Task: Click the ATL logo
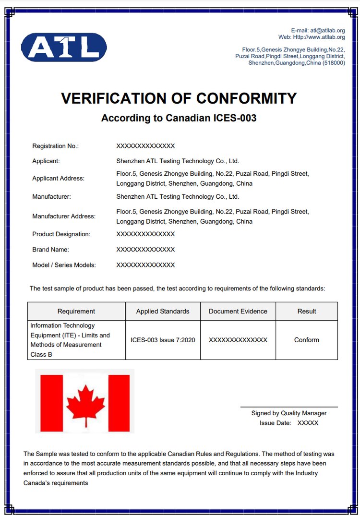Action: (64, 47)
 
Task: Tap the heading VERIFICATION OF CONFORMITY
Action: (179, 98)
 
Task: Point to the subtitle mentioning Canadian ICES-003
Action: (179, 118)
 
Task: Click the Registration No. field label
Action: (55, 146)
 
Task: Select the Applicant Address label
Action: (58, 178)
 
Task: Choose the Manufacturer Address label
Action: (64, 216)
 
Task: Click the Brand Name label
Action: (50, 250)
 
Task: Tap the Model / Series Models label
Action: (64, 265)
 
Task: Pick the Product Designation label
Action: (61, 234)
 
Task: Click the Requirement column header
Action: (76, 311)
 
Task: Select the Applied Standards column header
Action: (163, 311)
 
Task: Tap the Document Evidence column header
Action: (238, 311)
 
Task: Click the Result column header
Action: (307, 311)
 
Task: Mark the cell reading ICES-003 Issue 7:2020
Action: (163, 340)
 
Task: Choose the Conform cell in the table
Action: (307, 340)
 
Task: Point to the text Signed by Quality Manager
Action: (289, 413)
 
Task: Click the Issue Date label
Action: (275, 423)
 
